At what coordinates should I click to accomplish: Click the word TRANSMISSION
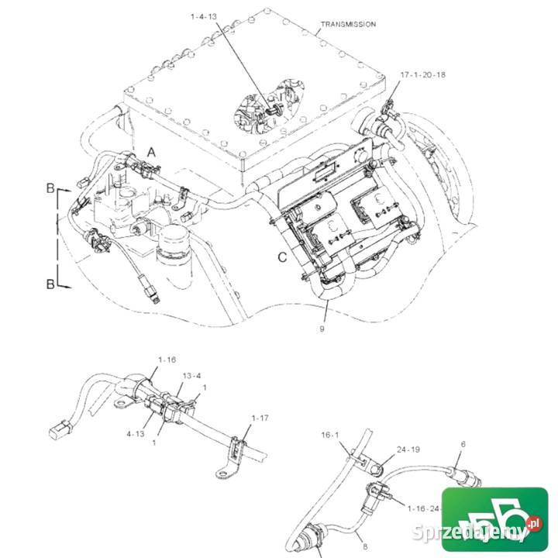[x=348, y=24]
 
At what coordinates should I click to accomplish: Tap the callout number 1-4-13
[x=204, y=16]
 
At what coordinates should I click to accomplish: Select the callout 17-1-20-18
[x=423, y=74]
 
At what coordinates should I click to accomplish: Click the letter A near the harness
[x=152, y=153]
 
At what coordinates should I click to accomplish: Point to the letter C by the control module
[x=282, y=257]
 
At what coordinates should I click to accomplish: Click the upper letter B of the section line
[x=50, y=188]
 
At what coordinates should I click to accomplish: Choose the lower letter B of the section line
[x=50, y=284]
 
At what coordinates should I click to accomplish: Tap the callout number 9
[x=322, y=329]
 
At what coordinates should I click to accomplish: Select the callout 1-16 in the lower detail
[x=167, y=360]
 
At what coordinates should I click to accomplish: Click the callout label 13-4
[x=192, y=376]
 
